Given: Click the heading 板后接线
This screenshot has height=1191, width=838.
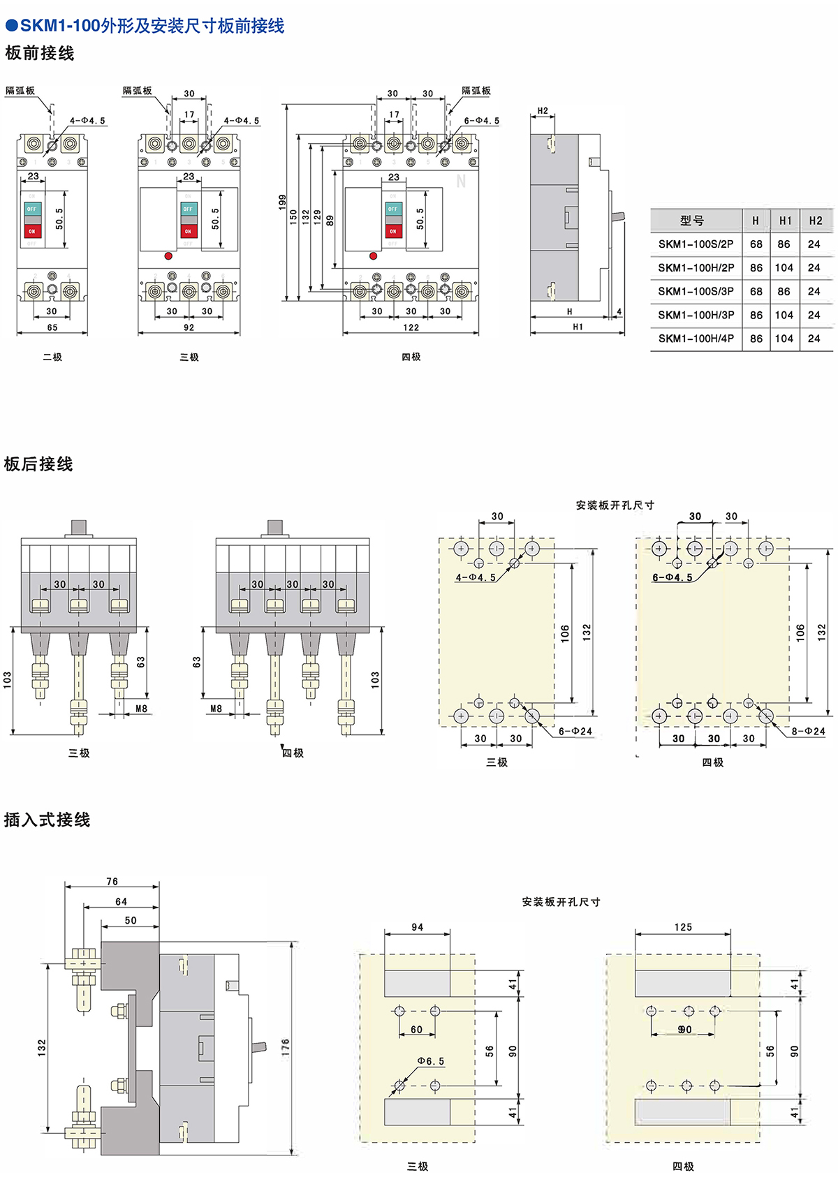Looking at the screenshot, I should [38, 464].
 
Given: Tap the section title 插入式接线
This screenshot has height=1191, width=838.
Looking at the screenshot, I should [47, 820].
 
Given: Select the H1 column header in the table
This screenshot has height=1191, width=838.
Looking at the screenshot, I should [786, 221].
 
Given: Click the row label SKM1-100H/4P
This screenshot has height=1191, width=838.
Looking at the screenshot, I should [696, 339].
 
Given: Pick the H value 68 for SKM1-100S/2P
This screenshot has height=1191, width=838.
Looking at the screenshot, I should [756, 244].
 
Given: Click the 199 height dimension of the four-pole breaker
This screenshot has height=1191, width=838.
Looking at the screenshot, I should [282, 202].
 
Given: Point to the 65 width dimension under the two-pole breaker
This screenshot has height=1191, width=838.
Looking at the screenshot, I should [52, 327].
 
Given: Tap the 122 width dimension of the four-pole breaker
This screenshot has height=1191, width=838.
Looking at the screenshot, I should [411, 327].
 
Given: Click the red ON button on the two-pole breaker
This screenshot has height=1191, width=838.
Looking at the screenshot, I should [32, 230].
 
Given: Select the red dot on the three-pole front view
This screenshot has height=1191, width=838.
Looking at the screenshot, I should [168, 256].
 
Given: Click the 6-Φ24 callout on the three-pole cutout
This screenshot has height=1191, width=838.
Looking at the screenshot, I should [575, 732].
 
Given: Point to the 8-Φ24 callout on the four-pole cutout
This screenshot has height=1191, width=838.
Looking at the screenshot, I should [808, 732].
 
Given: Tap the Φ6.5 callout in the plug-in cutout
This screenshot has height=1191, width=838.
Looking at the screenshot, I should [431, 1061].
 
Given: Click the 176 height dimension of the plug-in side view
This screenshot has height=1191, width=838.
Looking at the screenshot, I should [286, 1047].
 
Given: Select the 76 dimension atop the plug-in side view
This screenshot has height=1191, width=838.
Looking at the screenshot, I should [112, 882].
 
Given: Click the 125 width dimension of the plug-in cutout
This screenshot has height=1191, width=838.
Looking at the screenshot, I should [683, 927].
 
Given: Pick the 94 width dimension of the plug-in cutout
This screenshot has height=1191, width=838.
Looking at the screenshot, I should [418, 927].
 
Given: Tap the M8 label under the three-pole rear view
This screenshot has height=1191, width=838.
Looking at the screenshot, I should [141, 709].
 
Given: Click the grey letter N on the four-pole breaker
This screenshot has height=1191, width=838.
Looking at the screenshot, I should [461, 182].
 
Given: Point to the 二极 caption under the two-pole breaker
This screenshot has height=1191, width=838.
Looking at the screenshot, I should [52, 357].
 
